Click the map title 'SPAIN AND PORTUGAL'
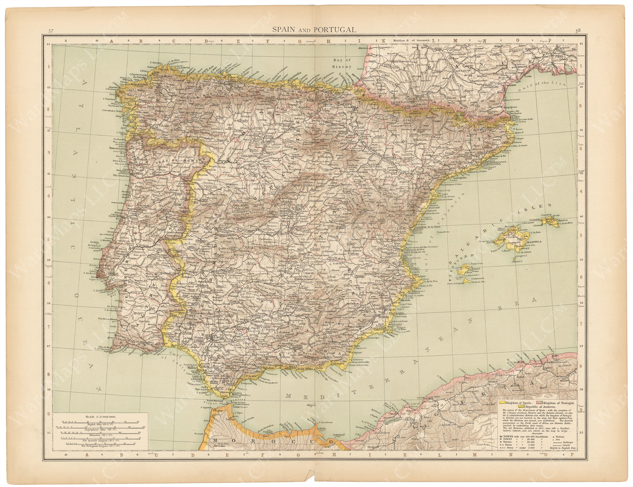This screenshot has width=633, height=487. [314, 30]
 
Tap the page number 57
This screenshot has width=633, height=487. [51, 31]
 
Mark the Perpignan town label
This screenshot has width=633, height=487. [512, 107]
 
